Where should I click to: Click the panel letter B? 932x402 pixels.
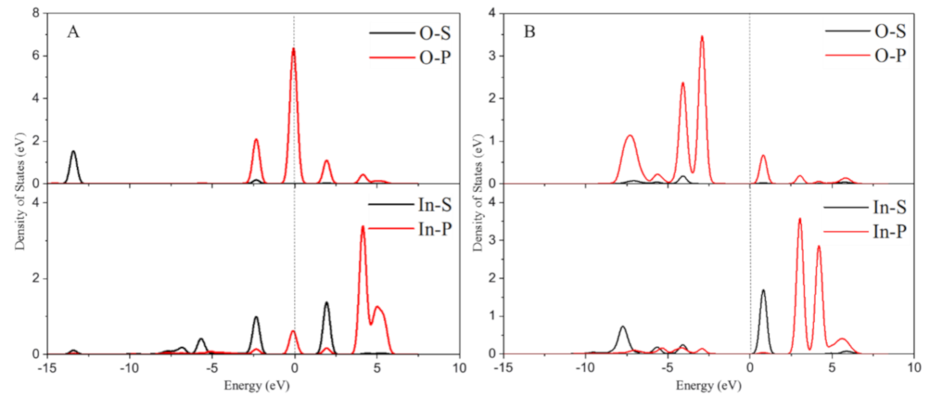529,32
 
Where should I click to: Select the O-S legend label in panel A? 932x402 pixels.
435,33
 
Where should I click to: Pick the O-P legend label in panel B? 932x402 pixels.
890,56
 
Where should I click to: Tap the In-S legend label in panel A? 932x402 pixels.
435,205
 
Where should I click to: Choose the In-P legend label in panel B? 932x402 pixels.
890,232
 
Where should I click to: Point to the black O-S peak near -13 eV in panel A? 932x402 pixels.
74,152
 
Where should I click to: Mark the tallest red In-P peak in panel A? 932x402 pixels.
363,227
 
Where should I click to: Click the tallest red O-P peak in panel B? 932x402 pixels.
702,37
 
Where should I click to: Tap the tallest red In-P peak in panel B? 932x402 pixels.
800,219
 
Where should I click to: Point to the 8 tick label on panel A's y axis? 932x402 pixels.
36,13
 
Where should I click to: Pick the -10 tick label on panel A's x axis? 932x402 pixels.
129,368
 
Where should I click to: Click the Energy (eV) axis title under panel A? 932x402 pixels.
257,386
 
